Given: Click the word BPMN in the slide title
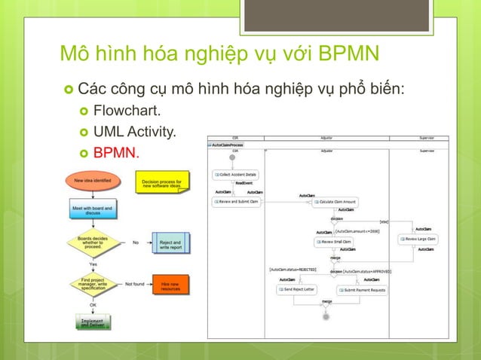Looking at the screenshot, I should tap(350, 56).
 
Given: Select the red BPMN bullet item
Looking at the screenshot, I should tap(116, 154).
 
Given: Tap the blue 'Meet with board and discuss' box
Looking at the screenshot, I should tap(92, 211).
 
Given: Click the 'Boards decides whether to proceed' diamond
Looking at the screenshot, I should tap(92, 243).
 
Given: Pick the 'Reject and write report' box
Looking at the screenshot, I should tap(170, 246).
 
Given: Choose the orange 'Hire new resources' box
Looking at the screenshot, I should tap(170, 285).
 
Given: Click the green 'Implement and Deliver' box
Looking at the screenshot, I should tap(92, 322).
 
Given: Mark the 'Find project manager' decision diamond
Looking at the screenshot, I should tap(92, 285).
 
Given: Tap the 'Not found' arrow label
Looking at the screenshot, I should tap(135, 284).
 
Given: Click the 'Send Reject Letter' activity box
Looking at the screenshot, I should tap(296, 289).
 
